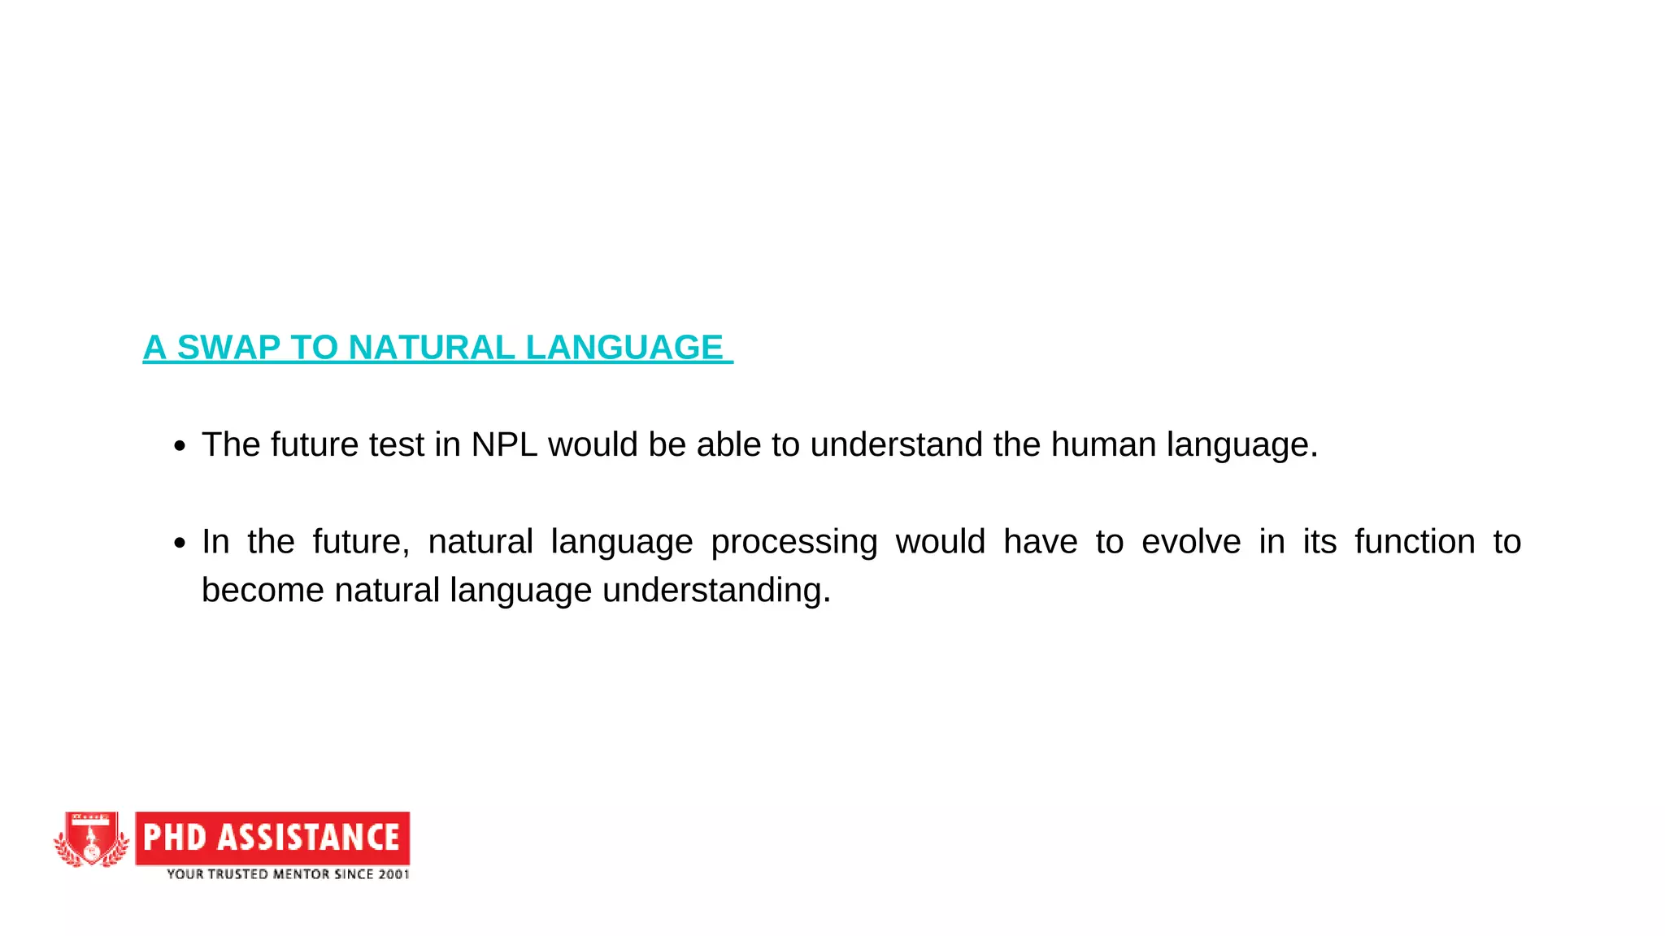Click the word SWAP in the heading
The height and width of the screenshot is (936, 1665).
228,348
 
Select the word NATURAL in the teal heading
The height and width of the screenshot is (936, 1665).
432,348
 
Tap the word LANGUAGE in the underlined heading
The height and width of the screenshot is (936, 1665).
624,348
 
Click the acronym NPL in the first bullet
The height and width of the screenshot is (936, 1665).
504,445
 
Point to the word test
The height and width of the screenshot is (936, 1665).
396,445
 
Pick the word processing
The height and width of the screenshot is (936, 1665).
793,543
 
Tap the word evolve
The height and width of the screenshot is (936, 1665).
1191,542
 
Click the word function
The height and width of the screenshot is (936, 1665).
1415,542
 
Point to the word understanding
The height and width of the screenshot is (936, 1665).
716,591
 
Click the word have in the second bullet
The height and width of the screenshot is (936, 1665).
1040,542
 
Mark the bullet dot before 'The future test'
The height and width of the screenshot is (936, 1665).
180,446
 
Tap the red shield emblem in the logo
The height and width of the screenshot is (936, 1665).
92,839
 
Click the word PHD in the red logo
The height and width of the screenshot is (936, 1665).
175,838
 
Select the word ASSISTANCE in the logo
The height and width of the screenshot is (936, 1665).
308,838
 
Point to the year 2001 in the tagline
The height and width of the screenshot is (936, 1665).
393,874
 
